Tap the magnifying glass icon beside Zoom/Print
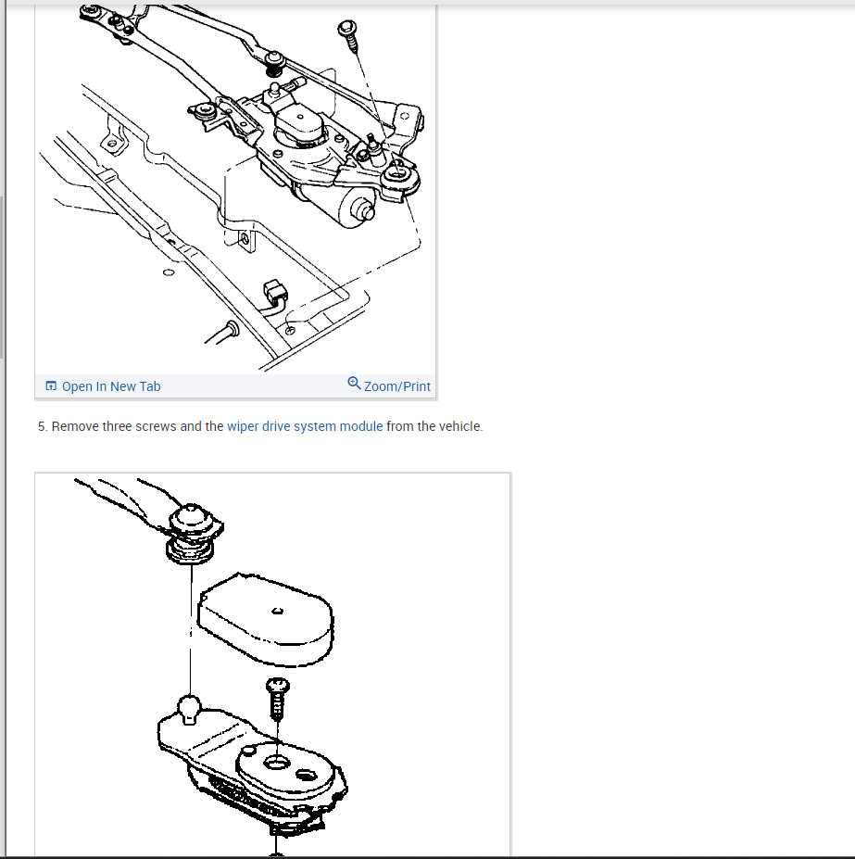point(355,383)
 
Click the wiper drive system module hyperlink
point(305,426)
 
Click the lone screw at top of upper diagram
point(349,34)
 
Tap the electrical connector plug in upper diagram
point(275,291)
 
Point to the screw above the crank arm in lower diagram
point(278,699)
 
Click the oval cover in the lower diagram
point(266,618)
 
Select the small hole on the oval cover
point(277,611)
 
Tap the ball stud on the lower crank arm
point(189,709)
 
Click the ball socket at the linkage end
point(193,534)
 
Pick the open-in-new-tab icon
point(51,385)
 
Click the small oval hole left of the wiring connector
point(169,272)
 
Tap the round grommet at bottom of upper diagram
point(233,329)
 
